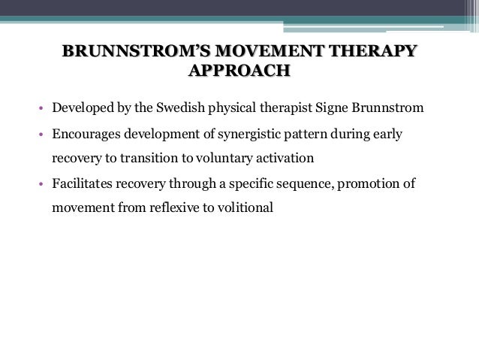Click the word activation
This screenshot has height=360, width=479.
tap(276, 159)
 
